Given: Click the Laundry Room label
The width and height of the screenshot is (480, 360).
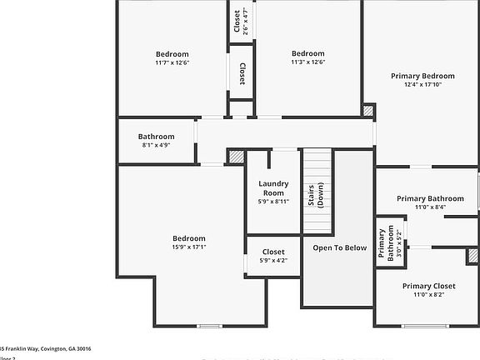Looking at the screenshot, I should tap(272, 187).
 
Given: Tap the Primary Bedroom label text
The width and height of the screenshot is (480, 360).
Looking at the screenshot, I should tap(422, 76).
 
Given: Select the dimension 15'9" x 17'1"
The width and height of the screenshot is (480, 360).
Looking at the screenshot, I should tap(188, 247).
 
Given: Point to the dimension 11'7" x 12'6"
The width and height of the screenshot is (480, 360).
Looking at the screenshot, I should tap(172, 62).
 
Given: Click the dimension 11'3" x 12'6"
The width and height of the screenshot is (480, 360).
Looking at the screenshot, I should tap(307, 62).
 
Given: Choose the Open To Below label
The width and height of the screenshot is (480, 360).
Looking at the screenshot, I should tap(339, 247).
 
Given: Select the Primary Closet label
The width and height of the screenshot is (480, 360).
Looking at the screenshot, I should tap(428, 286).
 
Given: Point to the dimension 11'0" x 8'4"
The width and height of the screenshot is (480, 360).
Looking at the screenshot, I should tap(428, 207).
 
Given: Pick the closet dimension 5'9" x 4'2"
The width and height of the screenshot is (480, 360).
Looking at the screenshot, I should tap(272, 261).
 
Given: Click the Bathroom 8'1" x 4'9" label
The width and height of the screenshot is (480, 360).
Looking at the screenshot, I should tap(156, 141).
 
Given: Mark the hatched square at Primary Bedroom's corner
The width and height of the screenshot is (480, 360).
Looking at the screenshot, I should tap(367, 110).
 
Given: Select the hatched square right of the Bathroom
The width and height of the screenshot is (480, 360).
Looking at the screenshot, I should tap(236, 156).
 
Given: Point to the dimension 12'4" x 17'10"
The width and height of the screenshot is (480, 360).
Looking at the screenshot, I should tap(422, 84).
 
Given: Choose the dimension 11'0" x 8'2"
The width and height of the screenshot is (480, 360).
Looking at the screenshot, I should tap(428, 294).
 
